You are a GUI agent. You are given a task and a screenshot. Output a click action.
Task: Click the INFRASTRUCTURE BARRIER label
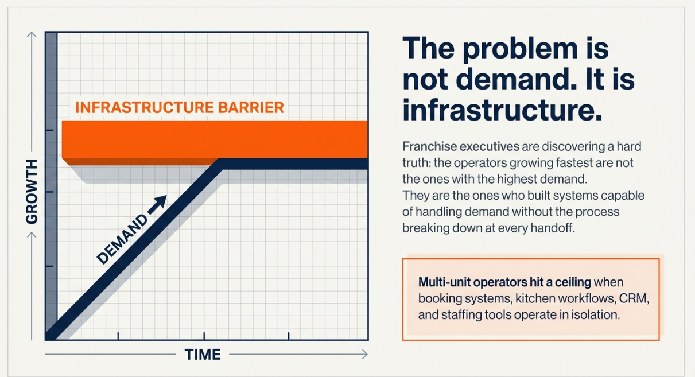(x=180, y=107)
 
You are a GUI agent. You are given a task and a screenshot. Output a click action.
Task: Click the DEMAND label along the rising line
(x=122, y=239)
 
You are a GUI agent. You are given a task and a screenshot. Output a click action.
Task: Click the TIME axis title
(x=203, y=355)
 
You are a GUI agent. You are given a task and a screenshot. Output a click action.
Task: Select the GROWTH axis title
(x=32, y=192)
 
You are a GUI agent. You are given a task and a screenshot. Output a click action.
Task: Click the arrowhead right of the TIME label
(x=365, y=355)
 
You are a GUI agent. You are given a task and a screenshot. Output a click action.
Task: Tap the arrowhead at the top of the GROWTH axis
(x=32, y=34)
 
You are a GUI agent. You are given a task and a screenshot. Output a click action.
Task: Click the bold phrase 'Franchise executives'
(x=461, y=146)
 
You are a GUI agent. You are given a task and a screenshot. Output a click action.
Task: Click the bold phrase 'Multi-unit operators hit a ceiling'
(x=504, y=282)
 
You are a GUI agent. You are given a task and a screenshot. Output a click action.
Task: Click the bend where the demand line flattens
(x=220, y=164)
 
